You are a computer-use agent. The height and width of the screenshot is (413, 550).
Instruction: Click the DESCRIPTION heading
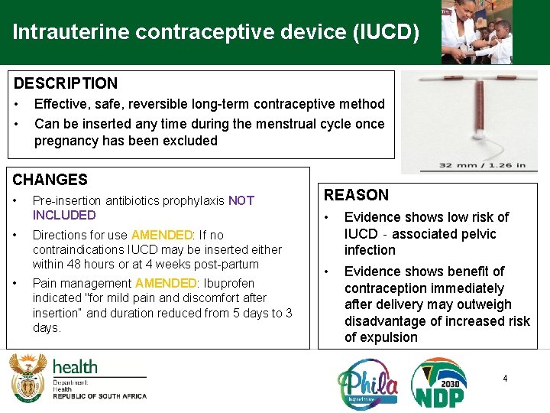coord(66,83)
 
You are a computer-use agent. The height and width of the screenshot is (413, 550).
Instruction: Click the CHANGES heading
coord(50,180)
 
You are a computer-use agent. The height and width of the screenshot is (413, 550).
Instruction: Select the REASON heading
coord(356,195)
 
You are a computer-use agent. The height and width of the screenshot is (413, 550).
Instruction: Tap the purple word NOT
coord(241,200)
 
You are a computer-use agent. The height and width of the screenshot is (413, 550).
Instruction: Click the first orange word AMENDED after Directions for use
coord(161,235)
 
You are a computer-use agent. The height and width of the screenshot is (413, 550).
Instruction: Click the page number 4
coord(504,378)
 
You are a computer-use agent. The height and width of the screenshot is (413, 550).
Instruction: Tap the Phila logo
coord(367,383)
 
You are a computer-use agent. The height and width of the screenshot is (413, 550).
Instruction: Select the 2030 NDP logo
coord(439,383)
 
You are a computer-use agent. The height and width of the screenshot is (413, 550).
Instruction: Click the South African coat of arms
coord(27,377)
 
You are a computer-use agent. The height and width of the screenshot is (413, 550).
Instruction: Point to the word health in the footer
coord(75,367)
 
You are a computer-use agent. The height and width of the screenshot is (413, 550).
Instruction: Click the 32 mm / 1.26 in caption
coord(482,164)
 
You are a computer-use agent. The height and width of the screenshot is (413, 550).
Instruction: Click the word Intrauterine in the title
coord(60,33)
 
